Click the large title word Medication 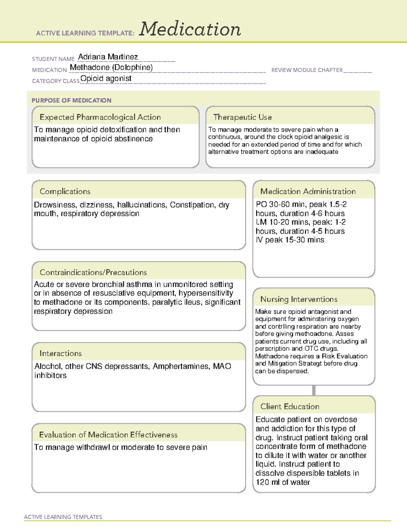[190, 29]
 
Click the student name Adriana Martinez [108, 57]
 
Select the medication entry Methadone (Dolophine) [111, 68]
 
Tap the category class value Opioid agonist [106, 79]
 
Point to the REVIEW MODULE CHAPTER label [307, 70]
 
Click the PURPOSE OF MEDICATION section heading [71, 100]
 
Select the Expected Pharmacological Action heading [100, 117]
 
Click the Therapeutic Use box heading [242, 117]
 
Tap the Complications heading [65, 191]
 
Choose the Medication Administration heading [308, 191]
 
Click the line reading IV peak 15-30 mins [290, 240]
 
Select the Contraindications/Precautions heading [93, 272]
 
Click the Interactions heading [60, 353]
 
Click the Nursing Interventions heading [298, 299]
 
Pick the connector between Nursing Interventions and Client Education [314, 390]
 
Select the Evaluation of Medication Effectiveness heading [108, 435]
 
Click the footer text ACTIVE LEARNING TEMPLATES [63, 517]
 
